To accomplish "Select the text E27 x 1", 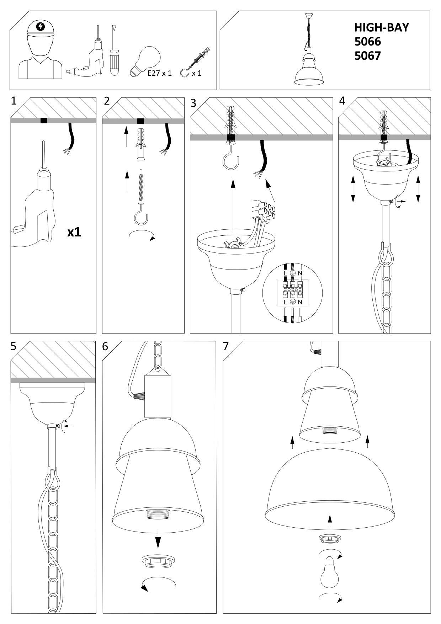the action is (x=159, y=74).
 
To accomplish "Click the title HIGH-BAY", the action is (x=382, y=27).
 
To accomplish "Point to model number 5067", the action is (x=367, y=56).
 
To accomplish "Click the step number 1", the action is (x=14, y=101).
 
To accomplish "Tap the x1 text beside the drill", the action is (x=74, y=232).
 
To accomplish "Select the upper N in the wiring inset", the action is (x=300, y=273).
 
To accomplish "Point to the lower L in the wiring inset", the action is (x=285, y=302).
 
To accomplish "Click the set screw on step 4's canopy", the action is (x=391, y=202).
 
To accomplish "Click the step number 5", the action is (x=14, y=346).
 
